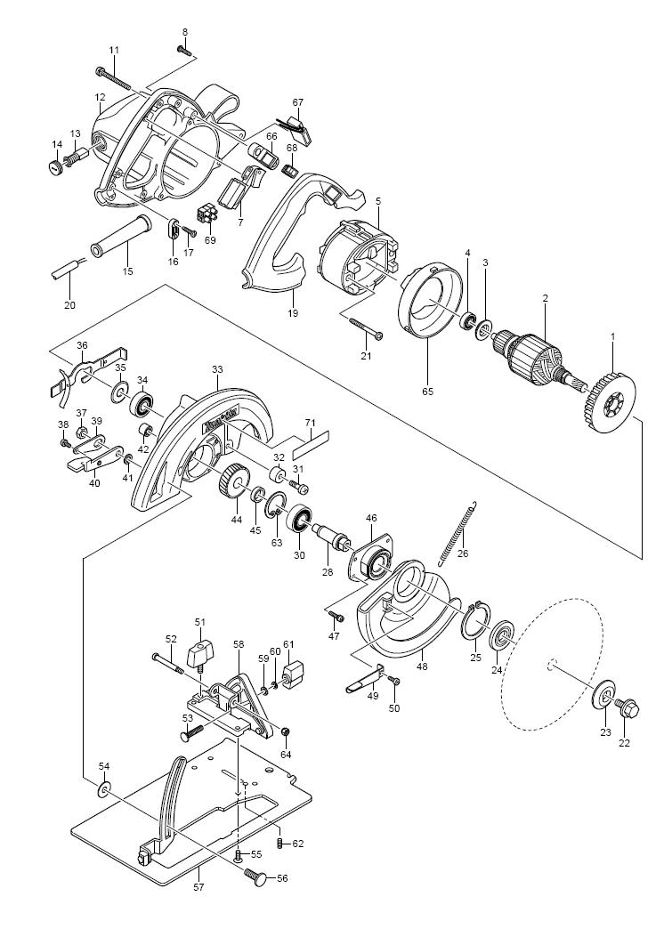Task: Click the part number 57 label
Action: (x=199, y=903)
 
